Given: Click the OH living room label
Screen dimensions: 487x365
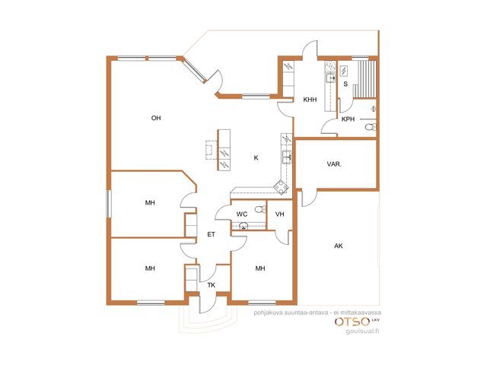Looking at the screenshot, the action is [156, 118].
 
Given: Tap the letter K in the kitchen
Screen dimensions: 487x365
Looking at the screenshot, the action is [256, 157].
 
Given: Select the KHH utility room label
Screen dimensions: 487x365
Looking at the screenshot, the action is [310, 100].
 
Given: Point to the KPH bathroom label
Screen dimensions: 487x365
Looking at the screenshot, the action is [348, 119].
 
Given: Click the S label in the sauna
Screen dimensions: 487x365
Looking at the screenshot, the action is [345, 84].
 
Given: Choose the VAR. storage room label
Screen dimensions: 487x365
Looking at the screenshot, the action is [334, 164].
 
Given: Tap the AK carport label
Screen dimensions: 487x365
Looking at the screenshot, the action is [338, 246].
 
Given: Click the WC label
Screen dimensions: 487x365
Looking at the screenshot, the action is [242, 214].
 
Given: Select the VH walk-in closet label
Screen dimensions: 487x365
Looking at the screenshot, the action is [279, 214].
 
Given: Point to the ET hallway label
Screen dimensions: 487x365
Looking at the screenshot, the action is [211, 234].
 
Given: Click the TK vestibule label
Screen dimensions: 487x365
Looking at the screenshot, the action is [212, 285].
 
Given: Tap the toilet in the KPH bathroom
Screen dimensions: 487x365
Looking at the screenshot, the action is [370, 127].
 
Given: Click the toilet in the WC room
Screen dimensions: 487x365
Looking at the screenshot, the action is [260, 210].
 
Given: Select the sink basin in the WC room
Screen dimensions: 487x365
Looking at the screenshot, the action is [243, 226].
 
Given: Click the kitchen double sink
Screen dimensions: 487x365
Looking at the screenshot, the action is [286, 157].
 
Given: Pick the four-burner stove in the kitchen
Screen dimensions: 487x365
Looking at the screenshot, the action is [281, 187].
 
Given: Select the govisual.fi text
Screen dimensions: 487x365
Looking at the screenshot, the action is [363, 332].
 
